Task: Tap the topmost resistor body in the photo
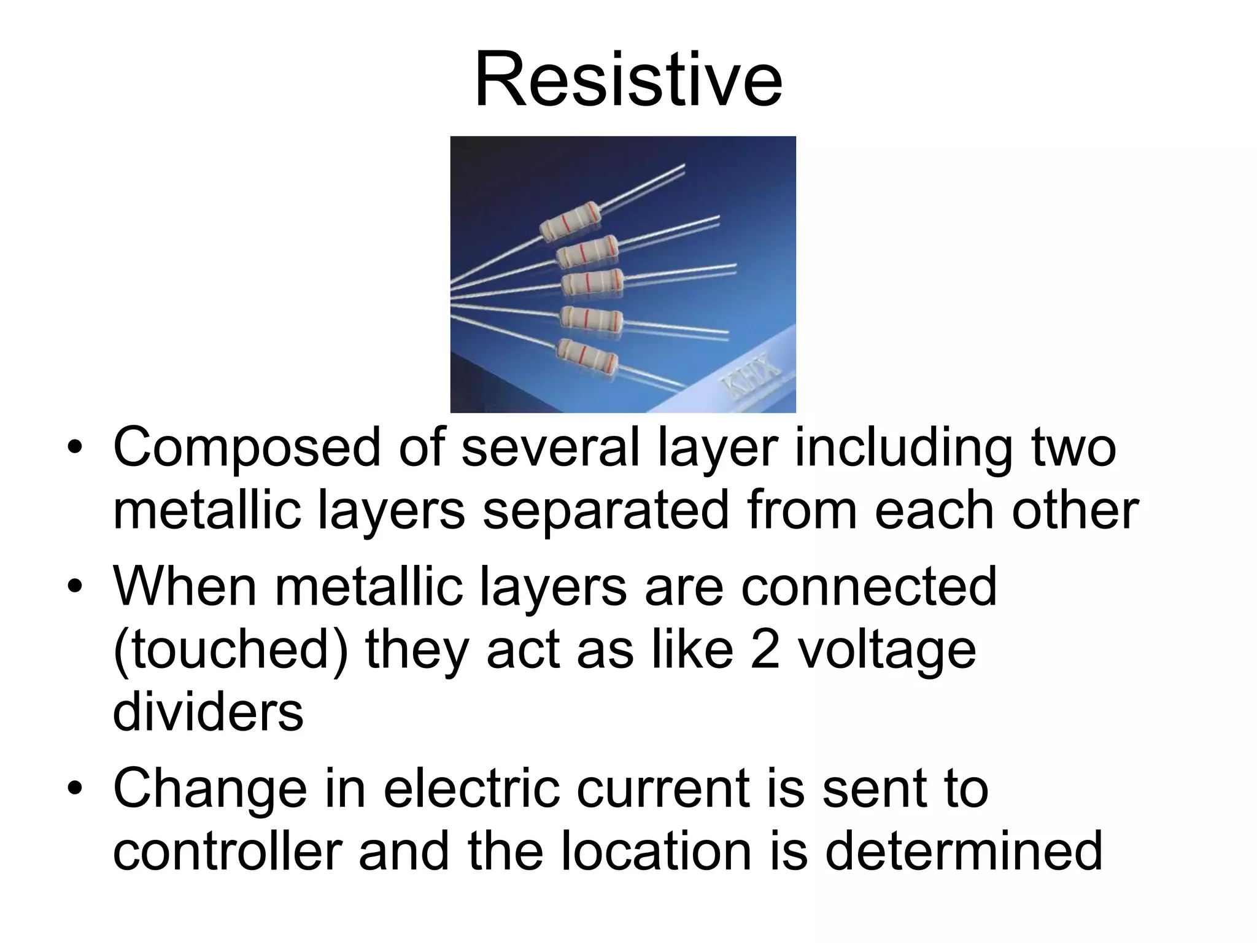(x=570, y=221)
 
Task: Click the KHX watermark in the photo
(x=751, y=376)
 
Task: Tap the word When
(x=185, y=586)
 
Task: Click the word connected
(x=868, y=587)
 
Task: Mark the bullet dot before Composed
(x=75, y=448)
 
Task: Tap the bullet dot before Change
(x=75, y=788)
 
